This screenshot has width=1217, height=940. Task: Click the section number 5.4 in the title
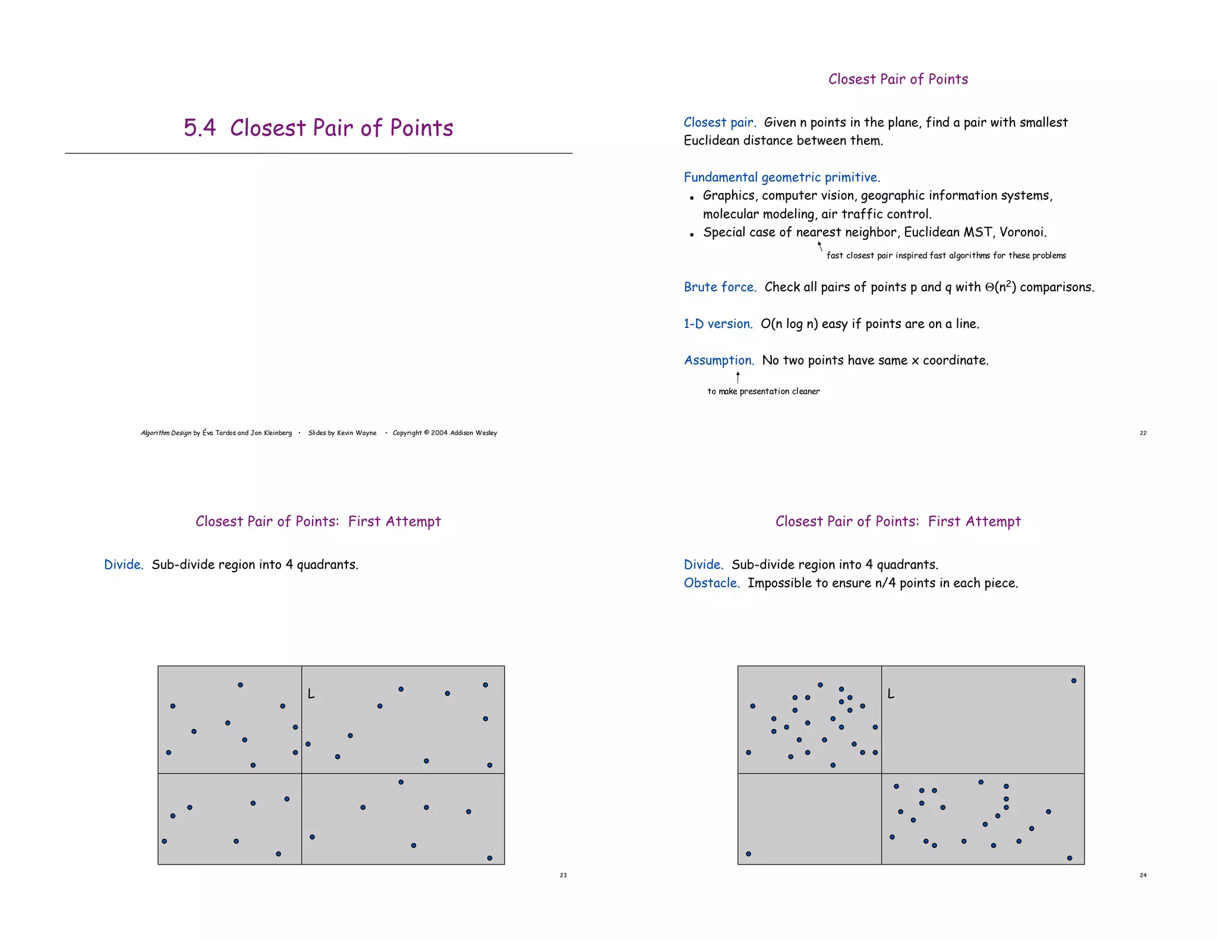(199, 128)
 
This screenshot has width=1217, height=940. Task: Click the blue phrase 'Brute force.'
(720, 287)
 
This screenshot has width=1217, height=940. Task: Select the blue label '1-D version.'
(717, 324)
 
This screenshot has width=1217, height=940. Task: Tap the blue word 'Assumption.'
(718, 360)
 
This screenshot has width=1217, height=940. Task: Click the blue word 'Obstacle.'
(711, 583)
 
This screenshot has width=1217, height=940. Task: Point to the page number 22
(1143, 433)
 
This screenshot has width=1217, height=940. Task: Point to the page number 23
(563, 875)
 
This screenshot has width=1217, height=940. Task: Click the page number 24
(1143, 875)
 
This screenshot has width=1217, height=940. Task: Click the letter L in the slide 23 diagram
(311, 693)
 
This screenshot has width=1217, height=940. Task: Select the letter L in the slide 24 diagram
(890, 693)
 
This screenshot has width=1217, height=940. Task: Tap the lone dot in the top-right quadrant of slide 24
(1073, 681)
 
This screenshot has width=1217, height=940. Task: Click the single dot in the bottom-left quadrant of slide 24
(748, 854)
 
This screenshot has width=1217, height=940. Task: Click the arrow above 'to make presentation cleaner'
(737, 377)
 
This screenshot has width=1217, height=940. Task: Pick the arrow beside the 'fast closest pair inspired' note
(820, 246)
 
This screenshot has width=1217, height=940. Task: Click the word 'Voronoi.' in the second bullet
(1023, 232)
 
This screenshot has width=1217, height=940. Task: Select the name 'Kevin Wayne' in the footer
(357, 433)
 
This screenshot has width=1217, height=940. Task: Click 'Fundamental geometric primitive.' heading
(781, 177)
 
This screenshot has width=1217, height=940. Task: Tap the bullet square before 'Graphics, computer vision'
(692, 198)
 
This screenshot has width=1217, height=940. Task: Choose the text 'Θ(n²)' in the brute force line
(1000, 287)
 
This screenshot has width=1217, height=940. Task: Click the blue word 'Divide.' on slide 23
(124, 564)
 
